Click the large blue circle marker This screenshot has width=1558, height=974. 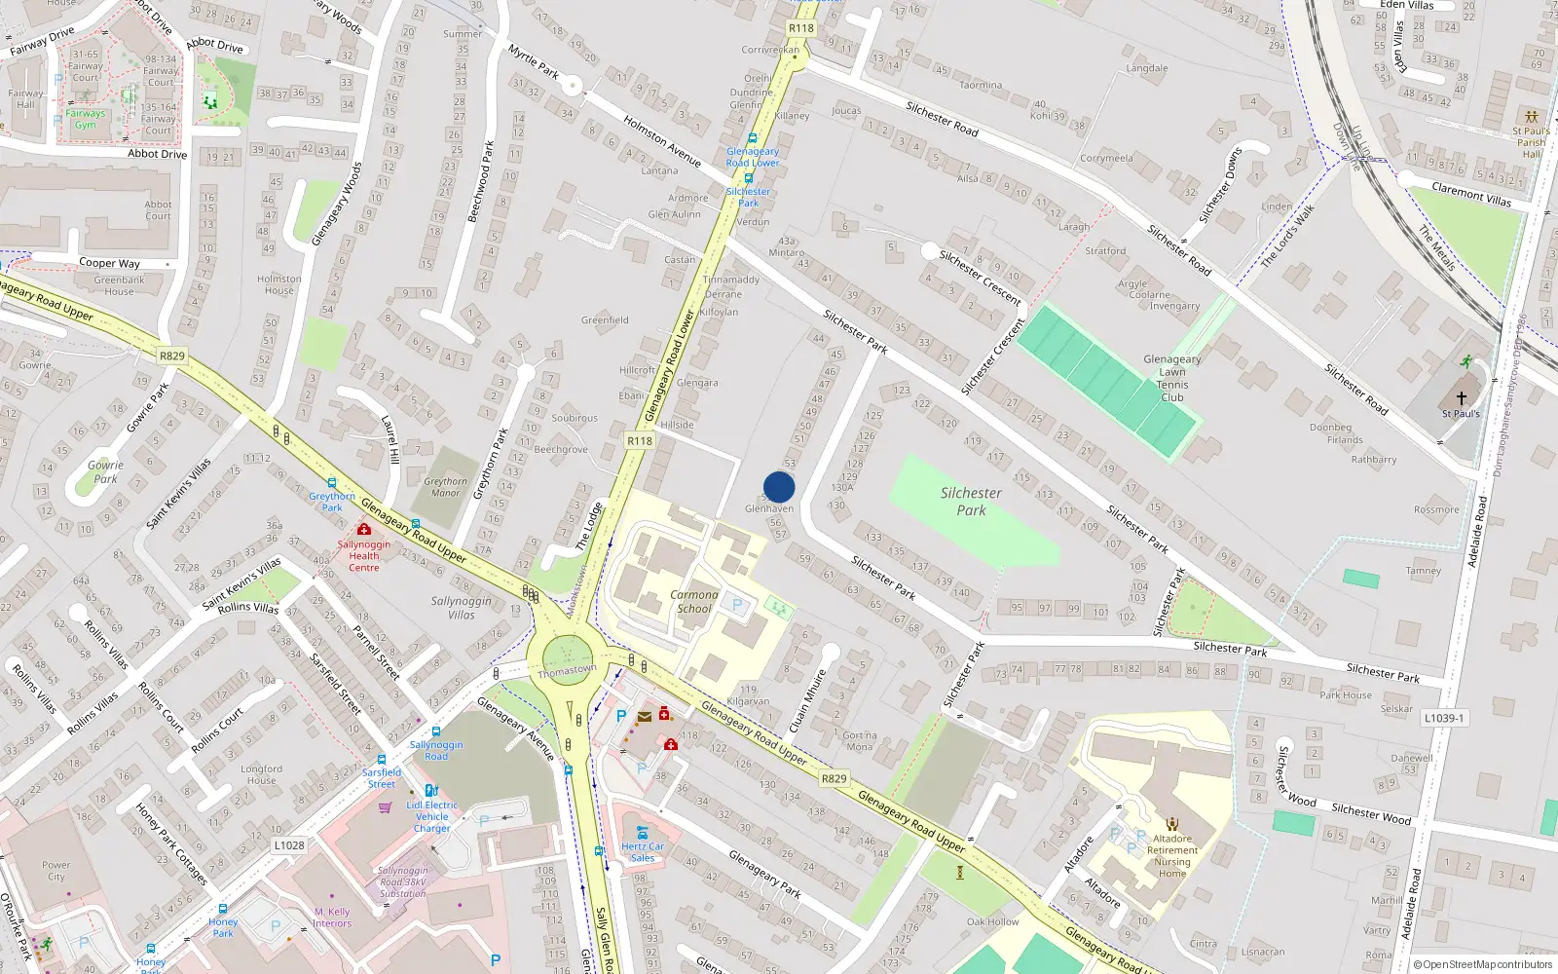tap(779, 487)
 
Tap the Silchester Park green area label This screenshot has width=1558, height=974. tap(971, 502)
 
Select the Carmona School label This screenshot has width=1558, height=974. tap(694, 601)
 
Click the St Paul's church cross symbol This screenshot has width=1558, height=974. tap(1461, 397)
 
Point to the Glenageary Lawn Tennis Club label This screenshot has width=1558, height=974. tap(1171, 378)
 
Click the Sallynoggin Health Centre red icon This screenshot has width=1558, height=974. tap(363, 529)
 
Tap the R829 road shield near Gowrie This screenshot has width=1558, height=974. tap(171, 356)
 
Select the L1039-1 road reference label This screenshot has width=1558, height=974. tap(1443, 718)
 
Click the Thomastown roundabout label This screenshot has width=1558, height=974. tap(567, 670)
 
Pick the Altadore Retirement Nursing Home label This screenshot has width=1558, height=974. tap(1171, 855)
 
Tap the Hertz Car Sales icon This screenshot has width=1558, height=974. tap(643, 833)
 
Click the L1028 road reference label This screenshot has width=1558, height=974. tap(289, 845)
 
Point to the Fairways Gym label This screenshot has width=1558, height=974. tap(86, 119)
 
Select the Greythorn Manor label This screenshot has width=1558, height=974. tap(445, 487)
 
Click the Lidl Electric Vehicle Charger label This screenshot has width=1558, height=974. tap(431, 816)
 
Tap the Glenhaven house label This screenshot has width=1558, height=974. tap(769, 508)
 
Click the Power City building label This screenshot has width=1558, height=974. tap(56, 871)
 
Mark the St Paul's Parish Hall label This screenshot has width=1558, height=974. tap(1531, 142)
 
